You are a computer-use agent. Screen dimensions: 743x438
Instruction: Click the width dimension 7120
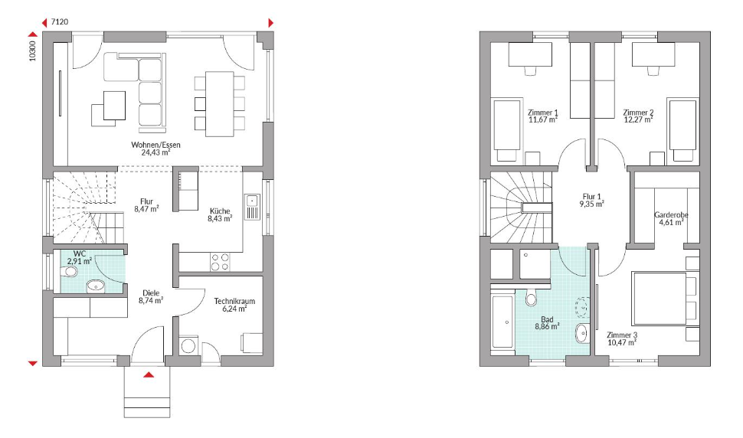tap(60, 21)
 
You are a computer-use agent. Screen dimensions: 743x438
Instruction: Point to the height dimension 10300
tap(32, 51)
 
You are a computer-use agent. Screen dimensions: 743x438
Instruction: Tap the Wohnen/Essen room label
tap(156, 145)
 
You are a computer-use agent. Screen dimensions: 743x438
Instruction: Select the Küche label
tap(220, 211)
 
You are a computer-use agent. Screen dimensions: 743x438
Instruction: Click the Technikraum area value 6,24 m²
tap(234, 309)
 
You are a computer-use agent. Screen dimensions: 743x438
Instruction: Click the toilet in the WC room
tap(70, 272)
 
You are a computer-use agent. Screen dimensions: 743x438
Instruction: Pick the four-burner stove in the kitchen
tap(220, 262)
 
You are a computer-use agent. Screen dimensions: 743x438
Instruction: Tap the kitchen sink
tap(252, 207)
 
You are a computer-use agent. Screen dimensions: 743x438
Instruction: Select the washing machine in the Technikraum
tap(189, 345)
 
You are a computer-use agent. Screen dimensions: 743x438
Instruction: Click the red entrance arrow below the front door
tap(149, 375)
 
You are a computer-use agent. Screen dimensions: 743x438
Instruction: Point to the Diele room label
tap(151, 293)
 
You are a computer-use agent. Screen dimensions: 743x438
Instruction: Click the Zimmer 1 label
tap(543, 113)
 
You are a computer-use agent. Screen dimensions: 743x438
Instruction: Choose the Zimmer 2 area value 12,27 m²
tap(638, 119)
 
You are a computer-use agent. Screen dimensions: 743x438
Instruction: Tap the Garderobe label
tap(671, 215)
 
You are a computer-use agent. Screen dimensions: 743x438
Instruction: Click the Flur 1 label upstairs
tap(592, 197)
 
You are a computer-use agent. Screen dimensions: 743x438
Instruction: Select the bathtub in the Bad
tap(503, 322)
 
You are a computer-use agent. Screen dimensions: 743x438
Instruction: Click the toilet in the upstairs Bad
tap(531, 296)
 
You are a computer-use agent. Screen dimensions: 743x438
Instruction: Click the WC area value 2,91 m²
tap(80, 261)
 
